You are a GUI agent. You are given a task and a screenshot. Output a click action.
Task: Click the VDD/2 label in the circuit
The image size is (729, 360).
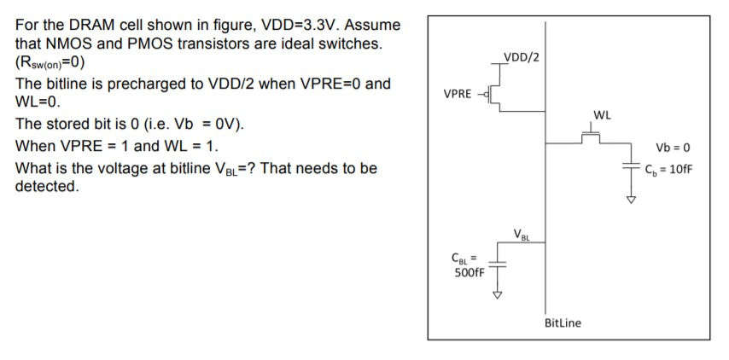(x=522, y=58)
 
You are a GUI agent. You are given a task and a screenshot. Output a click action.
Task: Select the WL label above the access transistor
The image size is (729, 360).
(x=602, y=114)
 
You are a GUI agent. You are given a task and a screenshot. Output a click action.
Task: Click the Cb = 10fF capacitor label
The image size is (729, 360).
(x=669, y=168)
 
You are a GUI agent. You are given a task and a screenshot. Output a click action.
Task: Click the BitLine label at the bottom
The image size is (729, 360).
(x=563, y=322)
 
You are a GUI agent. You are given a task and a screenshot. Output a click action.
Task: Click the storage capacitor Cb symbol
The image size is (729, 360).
(x=633, y=168)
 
